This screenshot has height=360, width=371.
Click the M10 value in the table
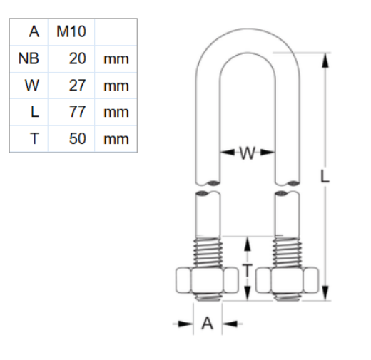[71, 31]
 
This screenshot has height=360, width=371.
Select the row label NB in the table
[29, 58]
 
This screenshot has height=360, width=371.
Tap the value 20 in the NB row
[77, 58]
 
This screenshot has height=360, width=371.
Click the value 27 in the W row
[77, 86]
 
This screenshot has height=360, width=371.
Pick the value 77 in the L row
[77, 112]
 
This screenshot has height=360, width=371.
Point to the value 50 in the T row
[77, 138]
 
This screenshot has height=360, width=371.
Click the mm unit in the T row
[116, 138]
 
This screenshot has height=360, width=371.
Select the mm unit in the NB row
[116, 58]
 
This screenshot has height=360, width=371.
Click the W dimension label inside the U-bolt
[246, 153]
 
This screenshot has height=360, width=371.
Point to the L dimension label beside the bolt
[325, 179]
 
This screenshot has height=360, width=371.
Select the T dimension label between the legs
[246, 269]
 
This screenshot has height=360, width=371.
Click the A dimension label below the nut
[208, 324]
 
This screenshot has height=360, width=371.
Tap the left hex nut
[205, 282]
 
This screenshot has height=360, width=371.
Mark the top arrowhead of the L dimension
[326, 59]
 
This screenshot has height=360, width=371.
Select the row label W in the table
[32, 86]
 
